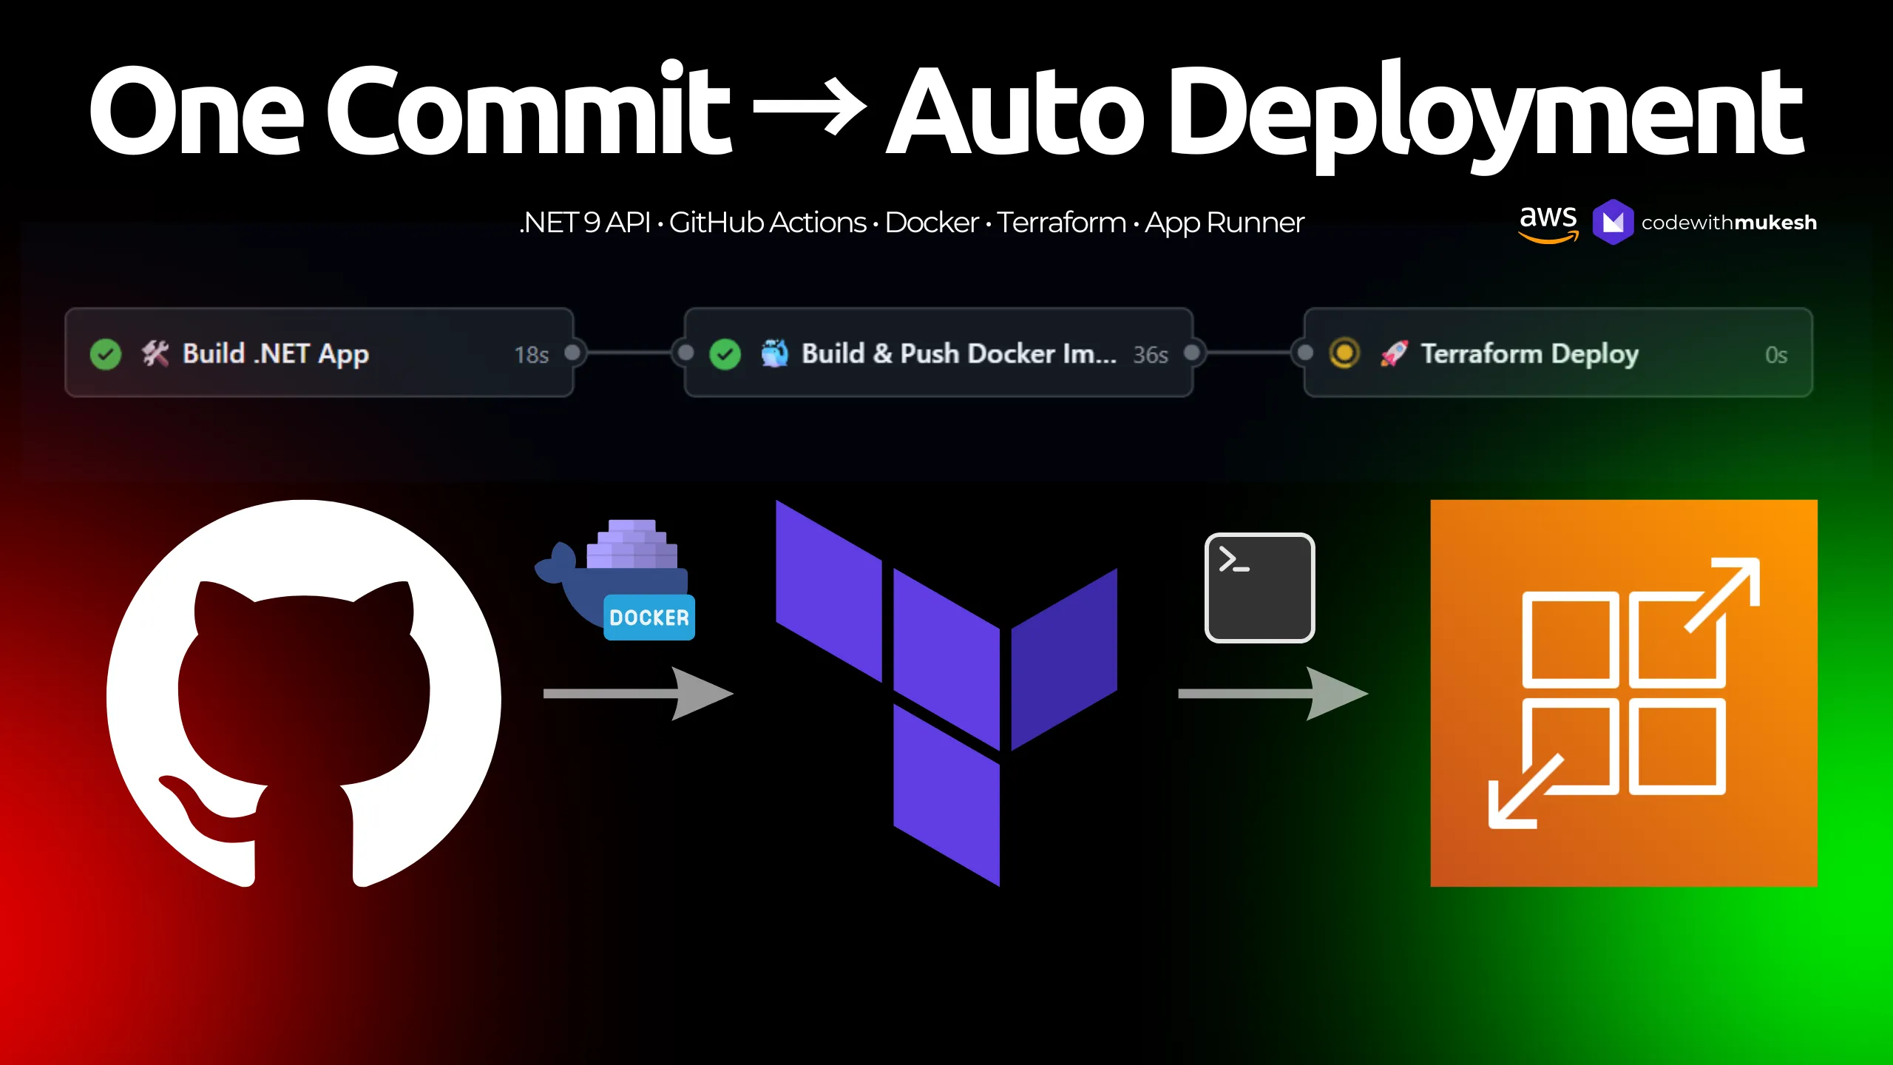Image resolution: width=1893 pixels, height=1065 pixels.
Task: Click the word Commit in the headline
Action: coord(528,111)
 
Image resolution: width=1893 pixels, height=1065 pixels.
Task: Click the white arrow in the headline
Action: coord(810,109)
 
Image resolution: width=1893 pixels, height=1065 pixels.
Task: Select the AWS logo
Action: coord(1548,223)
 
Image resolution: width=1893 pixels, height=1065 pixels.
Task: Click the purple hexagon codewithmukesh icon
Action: coord(1612,222)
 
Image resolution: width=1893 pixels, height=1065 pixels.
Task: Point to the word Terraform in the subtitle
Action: coord(1061,223)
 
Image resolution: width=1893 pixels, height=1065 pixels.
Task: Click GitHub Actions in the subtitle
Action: coord(768,223)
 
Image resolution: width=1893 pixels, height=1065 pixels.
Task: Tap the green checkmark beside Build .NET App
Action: coord(106,354)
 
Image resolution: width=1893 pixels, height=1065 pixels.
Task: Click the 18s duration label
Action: coord(531,355)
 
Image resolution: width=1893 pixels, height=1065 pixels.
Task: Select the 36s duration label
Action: coord(1151,355)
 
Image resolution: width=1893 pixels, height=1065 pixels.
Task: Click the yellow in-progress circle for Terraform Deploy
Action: coord(1344,354)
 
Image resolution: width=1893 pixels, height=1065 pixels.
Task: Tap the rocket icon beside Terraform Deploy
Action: coord(1394,354)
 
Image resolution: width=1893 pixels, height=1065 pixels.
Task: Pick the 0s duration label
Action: coord(1776,355)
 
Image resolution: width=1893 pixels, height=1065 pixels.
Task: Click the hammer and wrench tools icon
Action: coord(155,354)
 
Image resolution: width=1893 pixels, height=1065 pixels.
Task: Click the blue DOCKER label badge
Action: coord(649,618)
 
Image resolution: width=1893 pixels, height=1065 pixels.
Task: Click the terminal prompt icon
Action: coord(1259,588)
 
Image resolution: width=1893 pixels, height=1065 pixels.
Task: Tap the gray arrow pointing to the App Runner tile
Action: coord(1272,694)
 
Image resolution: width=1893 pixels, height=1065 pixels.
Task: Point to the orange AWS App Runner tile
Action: coord(1624,693)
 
